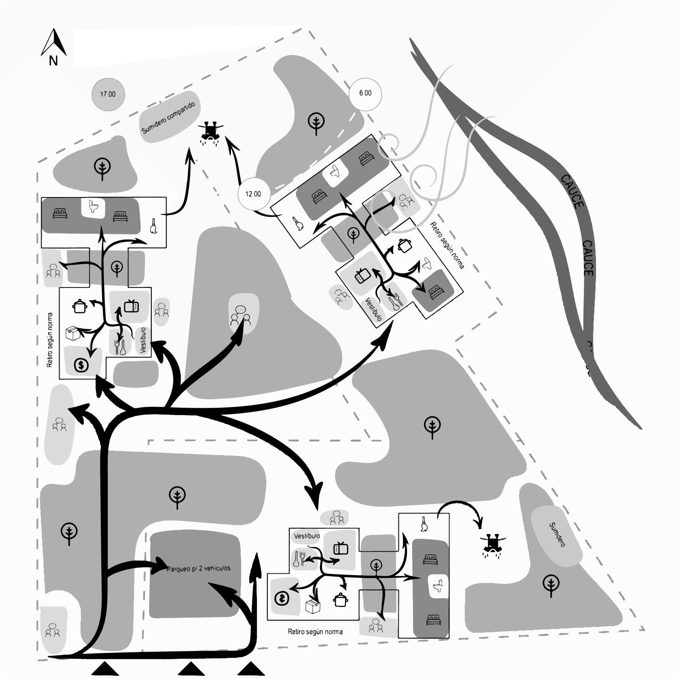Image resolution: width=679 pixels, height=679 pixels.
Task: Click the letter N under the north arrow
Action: pyautogui.click(x=53, y=61)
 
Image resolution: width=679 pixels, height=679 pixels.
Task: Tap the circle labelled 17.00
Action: pyautogui.click(x=108, y=94)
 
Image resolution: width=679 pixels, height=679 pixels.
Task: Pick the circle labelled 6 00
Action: pyautogui.click(x=365, y=93)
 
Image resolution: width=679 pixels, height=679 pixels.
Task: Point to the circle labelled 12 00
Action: pyautogui.click(x=254, y=194)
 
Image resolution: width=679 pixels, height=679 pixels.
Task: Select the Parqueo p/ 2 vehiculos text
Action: pyautogui.click(x=199, y=569)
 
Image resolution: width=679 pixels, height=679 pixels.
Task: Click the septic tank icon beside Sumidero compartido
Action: pyautogui.click(x=211, y=132)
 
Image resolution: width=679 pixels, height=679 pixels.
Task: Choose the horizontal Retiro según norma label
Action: pyautogui.click(x=315, y=631)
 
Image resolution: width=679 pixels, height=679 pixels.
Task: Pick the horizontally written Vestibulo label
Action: pyautogui.click(x=307, y=536)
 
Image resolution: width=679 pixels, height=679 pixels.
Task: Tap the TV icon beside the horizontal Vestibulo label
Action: pyautogui.click(x=341, y=548)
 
